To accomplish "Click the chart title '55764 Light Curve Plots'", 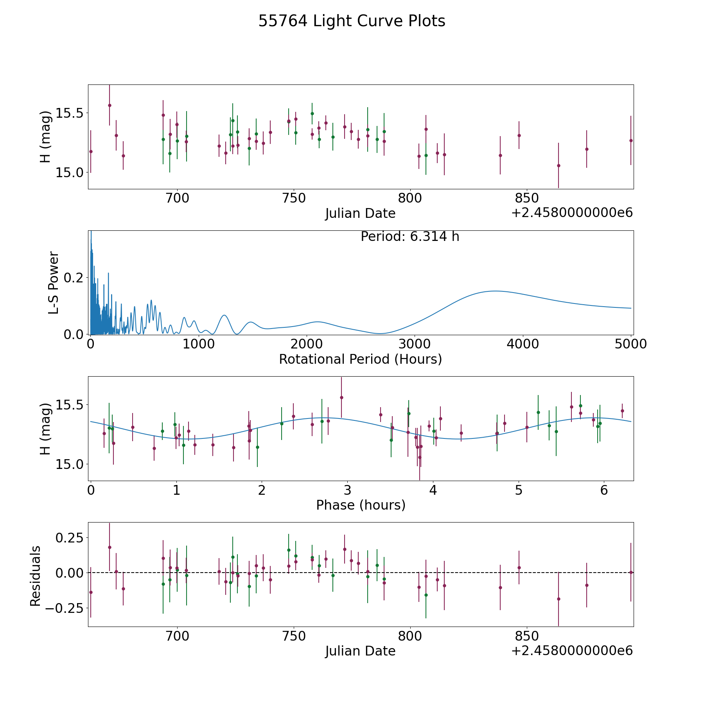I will click(x=352, y=21).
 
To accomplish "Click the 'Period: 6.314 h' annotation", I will click(x=410, y=237).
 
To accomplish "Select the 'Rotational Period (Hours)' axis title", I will click(x=360, y=359).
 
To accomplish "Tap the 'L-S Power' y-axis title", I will click(x=54, y=283).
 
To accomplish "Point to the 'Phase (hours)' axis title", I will click(x=360, y=505).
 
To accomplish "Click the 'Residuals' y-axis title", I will click(x=35, y=576).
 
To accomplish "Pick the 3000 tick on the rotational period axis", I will click(x=415, y=344).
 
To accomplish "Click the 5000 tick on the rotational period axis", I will click(x=630, y=344).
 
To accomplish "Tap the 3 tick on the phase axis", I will click(x=347, y=490).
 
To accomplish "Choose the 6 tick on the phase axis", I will click(x=604, y=490).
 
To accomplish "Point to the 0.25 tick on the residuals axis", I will click(x=70, y=538).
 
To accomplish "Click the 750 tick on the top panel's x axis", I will click(x=294, y=198).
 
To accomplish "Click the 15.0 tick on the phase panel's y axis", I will click(x=70, y=464).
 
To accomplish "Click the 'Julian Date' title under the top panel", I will click(x=360, y=214).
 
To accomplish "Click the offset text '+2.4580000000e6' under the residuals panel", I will click(x=572, y=651).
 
